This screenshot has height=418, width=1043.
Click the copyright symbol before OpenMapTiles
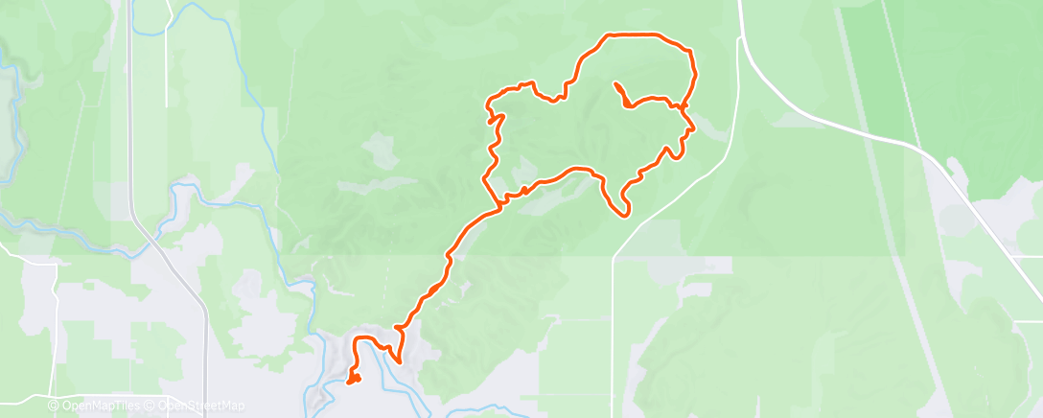[54, 406]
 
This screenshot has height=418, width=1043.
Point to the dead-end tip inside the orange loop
[614, 85]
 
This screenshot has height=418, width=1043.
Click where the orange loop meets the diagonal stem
[499, 204]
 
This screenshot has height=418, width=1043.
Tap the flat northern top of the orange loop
[637, 35]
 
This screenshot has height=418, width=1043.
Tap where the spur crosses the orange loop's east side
[684, 107]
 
